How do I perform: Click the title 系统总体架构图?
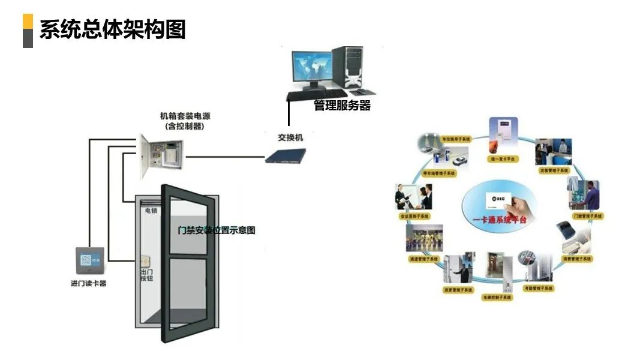click(x=112, y=29)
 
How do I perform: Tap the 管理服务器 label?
click(x=342, y=106)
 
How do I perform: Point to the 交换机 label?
click(x=290, y=137)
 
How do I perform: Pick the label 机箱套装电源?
click(x=185, y=116)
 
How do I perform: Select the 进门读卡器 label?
click(x=88, y=283)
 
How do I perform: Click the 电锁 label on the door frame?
click(x=151, y=212)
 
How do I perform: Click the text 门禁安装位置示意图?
click(x=217, y=230)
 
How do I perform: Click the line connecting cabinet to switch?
click(x=226, y=158)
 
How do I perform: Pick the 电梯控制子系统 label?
click(x=498, y=298)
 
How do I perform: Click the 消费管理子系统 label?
click(x=577, y=259)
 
